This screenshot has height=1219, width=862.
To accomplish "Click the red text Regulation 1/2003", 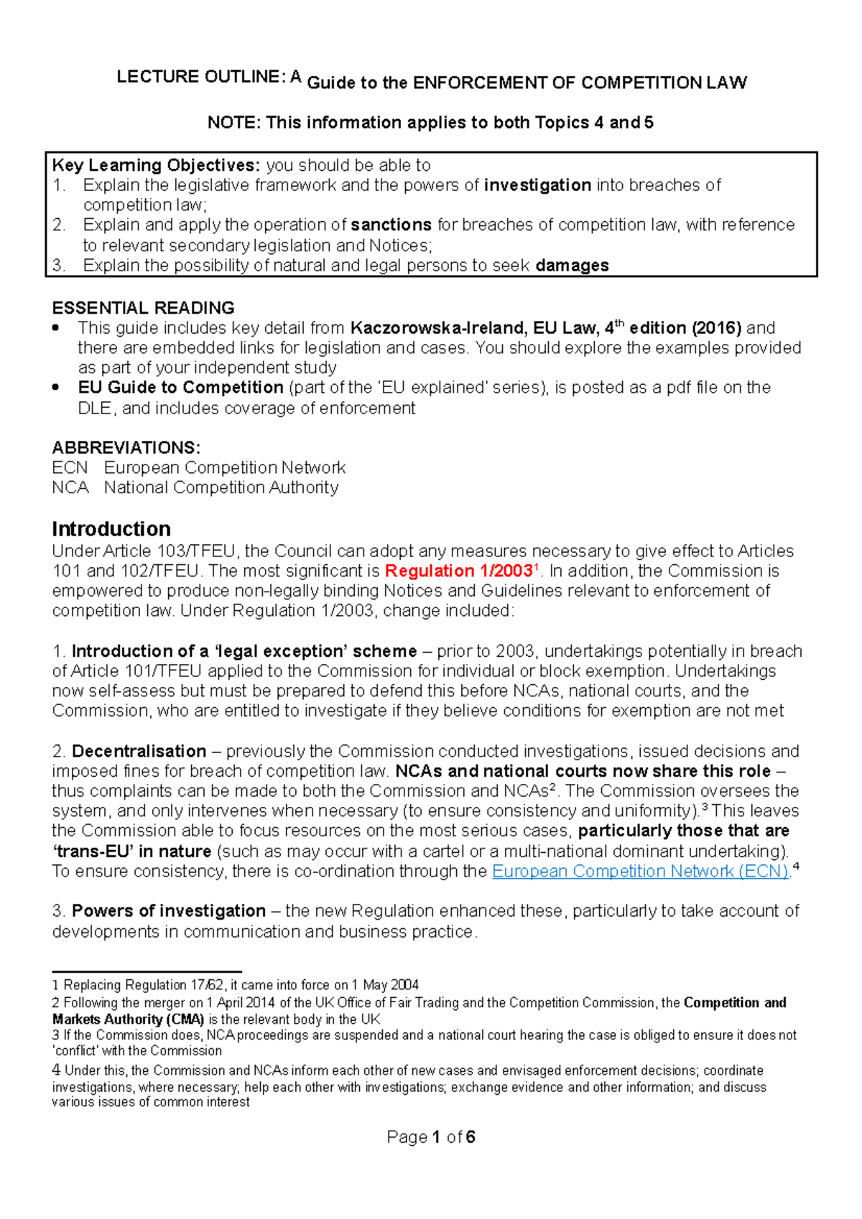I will pyautogui.click(x=458, y=571).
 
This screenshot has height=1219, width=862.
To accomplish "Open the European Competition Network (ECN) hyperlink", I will pyautogui.click(x=640, y=872).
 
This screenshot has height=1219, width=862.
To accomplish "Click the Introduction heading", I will pyautogui.click(x=111, y=529).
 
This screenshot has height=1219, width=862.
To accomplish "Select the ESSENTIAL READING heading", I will pyautogui.click(x=143, y=308).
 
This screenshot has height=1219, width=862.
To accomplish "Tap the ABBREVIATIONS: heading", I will pyautogui.click(x=126, y=448).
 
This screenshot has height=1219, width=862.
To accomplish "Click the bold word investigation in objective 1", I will pyautogui.click(x=537, y=185).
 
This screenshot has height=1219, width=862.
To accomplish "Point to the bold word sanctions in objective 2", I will pyautogui.click(x=391, y=225).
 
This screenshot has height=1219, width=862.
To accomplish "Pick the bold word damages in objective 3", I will pyautogui.click(x=572, y=266).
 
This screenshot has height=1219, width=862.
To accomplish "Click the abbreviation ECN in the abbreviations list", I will pyautogui.click(x=70, y=468).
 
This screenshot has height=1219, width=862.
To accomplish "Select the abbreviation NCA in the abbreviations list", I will pyautogui.click(x=70, y=488).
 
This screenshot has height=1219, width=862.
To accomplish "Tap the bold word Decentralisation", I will pyautogui.click(x=139, y=752).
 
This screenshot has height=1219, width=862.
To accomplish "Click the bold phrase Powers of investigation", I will pyautogui.click(x=169, y=911).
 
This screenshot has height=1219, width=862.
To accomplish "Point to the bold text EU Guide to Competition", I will pyautogui.click(x=180, y=388).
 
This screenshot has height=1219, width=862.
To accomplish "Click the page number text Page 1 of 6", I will pyautogui.click(x=430, y=1137).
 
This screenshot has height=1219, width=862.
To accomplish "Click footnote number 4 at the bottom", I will pyautogui.click(x=56, y=1070).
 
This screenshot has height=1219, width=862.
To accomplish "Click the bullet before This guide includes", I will pyautogui.click(x=56, y=329).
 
